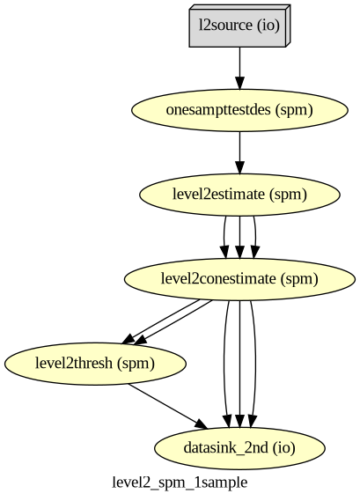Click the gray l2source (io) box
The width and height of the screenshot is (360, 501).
coord(239,26)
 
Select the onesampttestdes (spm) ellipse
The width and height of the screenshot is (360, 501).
coord(239,110)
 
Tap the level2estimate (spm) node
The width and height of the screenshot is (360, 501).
coord(239,195)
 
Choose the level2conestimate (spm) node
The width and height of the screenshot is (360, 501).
coord(239,279)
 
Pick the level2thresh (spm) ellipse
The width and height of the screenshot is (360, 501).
coord(95,364)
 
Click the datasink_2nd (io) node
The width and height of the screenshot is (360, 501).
coord(239,448)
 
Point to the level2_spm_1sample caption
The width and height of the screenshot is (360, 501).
coord(180,483)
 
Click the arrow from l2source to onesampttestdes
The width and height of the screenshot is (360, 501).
coord(239,68)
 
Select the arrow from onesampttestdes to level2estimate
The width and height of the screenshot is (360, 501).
coord(239,152)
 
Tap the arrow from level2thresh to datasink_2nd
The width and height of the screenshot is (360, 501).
coord(168,407)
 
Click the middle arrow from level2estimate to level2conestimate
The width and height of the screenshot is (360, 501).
coord(239,237)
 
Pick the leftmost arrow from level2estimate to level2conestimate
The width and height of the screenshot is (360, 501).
coord(224,237)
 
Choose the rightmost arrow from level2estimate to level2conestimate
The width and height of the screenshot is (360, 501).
coord(255,237)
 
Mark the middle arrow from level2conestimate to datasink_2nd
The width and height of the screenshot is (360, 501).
coord(239,364)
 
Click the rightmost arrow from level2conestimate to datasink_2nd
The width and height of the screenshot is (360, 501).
coord(255,364)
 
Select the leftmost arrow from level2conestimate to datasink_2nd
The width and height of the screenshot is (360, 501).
coord(224,364)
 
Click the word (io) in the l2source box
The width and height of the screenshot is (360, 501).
coord(268,25)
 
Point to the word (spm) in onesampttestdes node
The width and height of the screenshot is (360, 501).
coord(294,109)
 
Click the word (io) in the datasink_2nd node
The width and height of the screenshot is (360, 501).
coord(284,447)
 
